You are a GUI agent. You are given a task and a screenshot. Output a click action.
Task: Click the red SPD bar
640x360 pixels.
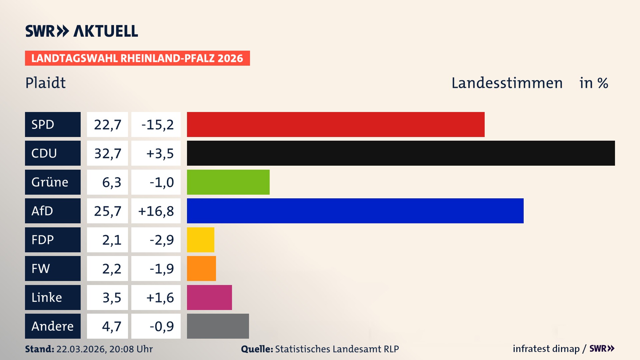[336, 124]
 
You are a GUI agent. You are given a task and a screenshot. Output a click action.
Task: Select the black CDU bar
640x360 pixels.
[401, 153]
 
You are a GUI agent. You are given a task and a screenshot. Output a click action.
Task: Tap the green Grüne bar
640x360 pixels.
[228, 182]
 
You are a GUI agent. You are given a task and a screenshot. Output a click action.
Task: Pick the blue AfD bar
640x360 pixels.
[355, 211]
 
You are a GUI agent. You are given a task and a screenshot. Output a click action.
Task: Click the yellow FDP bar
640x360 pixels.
[200, 240]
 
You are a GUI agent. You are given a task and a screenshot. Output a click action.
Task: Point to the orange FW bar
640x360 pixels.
[201, 268]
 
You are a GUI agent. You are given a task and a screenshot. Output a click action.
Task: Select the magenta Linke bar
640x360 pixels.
[209, 297]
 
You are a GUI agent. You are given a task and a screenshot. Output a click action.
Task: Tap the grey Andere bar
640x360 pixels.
[218, 326]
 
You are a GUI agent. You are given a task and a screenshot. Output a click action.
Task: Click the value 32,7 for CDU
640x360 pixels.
[107, 153]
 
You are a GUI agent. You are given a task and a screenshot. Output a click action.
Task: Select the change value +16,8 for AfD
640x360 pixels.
[156, 211]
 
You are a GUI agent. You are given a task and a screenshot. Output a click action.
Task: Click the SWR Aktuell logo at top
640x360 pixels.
[82, 31]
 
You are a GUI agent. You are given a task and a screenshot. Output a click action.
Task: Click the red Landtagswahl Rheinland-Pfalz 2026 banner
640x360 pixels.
[137, 58]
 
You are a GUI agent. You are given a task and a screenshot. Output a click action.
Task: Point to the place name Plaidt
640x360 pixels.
[46, 83]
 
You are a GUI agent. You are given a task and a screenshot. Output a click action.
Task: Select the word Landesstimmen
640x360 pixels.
[507, 83]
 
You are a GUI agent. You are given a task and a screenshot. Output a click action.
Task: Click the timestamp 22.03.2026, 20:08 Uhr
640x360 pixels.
[104, 349]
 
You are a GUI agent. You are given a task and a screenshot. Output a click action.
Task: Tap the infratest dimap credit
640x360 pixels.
[546, 349]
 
